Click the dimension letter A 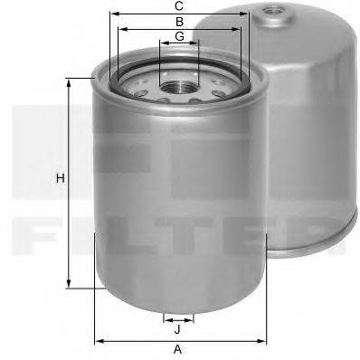pyautogui.click(x=178, y=349)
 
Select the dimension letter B pyautogui.click(x=179, y=21)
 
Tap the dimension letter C pyautogui.click(x=180, y=6)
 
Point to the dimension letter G pyautogui.click(x=179, y=35)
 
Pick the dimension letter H pyautogui.click(x=60, y=178)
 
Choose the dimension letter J pyautogui.click(x=178, y=329)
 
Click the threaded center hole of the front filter pyautogui.click(x=177, y=87)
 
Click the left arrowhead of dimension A pyautogui.click(x=98, y=341)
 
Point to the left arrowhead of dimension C pyautogui.click(x=111, y=14)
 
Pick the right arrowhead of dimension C pyautogui.click(x=248, y=14)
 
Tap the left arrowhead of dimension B pyautogui.click(x=120, y=28)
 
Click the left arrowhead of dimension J pyautogui.click(x=166, y=319)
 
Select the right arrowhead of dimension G pyautogui.click(x=198, y=43)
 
